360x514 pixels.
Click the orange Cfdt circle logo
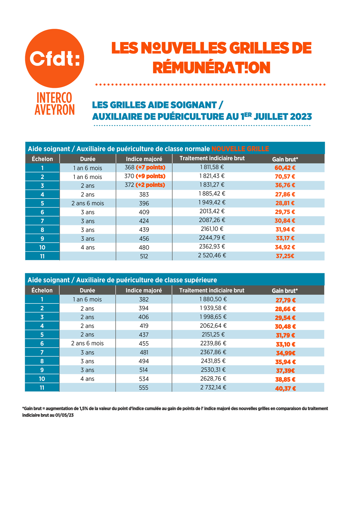pyautogui.click(x=54, y=58)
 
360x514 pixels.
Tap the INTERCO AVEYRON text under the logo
pyautogui.click(x=54, y=104)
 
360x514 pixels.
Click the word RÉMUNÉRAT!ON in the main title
pyautogui.click(x=211, y=68)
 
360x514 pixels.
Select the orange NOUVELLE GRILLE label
pyautogui.click(x=240, y=149)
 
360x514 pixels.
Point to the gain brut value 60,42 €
pyautogui.click(x=285, y=168)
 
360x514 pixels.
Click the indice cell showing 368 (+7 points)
pyautogui.click(x=145, y=167)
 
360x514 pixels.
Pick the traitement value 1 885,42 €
pyautogui.click(x=212, y=194)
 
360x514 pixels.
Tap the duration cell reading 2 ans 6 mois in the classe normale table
pyautogui.click(x=88, y=203)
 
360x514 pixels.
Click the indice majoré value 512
pyautogui.click(x=144, y=256)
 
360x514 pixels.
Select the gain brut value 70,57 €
pyautogui.click(x=285, y=177)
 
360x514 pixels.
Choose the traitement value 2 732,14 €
pyautogui.click(x=213, y=387)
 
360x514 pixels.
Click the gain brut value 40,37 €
pyautogui.click(x=286, y=389)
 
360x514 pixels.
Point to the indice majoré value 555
pyautogui.click(x=144, y=388)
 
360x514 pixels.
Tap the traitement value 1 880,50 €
pyautogui.click(x=213, y=299)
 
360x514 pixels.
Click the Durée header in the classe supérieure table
pyautogui.click(x=87, y=290)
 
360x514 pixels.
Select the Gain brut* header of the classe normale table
pyautogui.click(x=285, y=159)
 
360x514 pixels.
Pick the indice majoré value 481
pyautogui.click(x=144, y=352)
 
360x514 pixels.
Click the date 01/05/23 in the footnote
pyautogui.click(x=64, y=416)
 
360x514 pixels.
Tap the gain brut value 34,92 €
pyautogui.click(x=285, y=247)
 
